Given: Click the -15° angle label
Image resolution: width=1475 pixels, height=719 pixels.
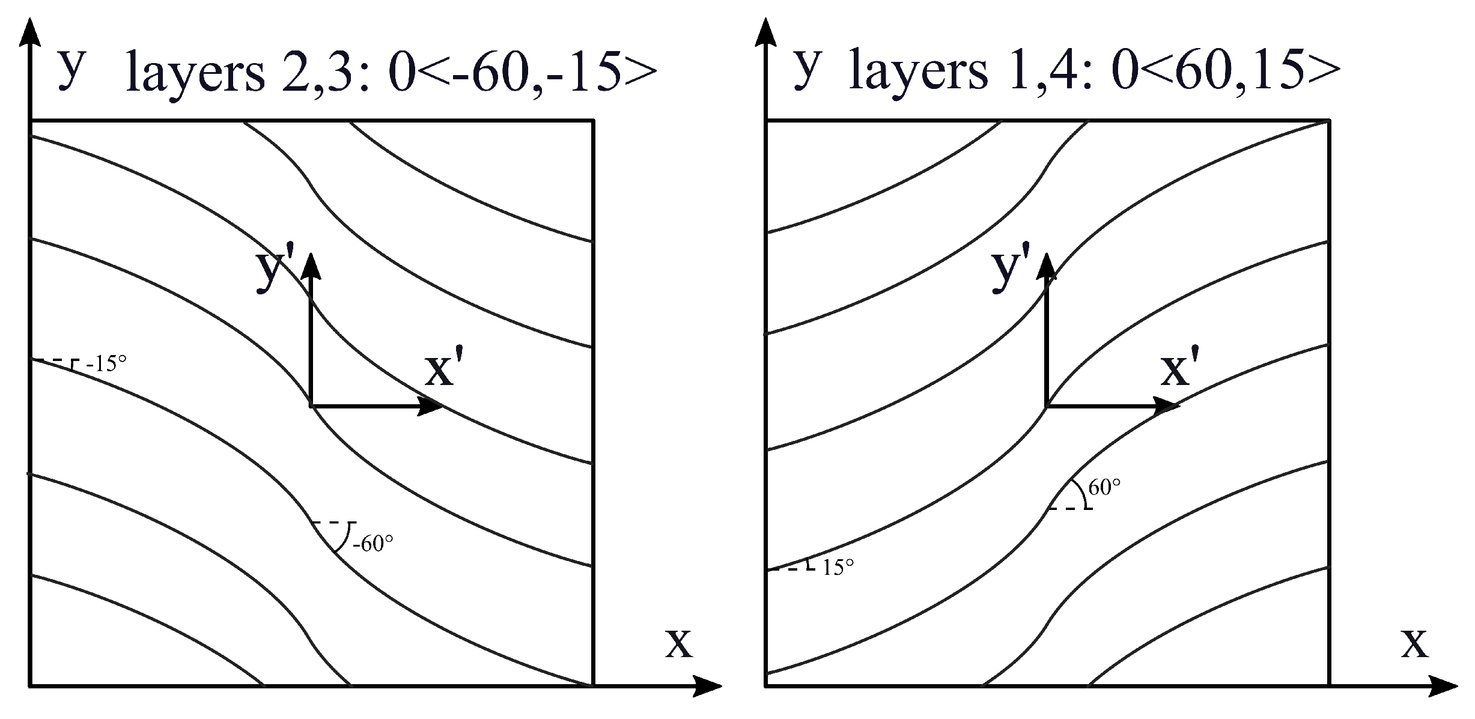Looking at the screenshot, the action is pos(106,364).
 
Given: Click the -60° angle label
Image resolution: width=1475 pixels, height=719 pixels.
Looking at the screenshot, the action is pos(373,544).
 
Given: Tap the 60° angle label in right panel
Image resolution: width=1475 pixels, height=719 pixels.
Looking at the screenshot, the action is pos(1104,488).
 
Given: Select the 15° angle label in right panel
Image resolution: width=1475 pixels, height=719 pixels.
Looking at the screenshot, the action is pos(838,567).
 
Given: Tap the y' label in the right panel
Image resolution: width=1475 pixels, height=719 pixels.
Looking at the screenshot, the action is pos(1011,272).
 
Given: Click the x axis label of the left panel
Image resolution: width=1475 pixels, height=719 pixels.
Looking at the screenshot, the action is pos(679,644).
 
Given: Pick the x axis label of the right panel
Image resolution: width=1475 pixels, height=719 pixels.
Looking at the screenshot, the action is pos(1415,644).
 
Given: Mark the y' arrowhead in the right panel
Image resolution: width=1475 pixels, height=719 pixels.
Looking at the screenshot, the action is pos(1047,266).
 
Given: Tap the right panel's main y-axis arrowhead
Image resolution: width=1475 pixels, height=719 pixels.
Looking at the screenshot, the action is pos(765,33).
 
